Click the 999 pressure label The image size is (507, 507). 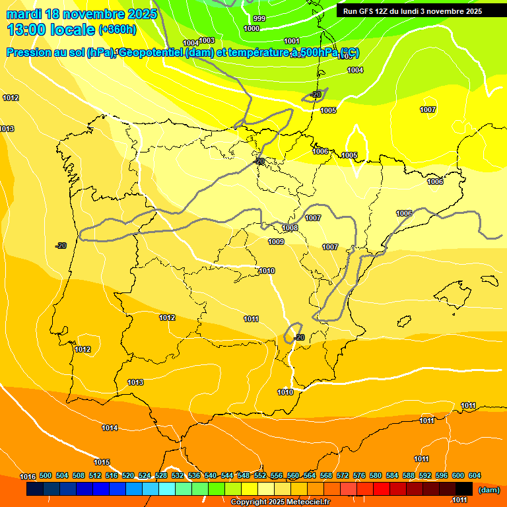pos(259,18)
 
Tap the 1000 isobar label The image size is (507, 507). pos(252,28)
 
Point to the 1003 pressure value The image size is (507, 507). pos(207,40)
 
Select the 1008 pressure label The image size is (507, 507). pos(290,228)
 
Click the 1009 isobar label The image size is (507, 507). pos(276,242)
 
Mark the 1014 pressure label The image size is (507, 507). pos(110,428)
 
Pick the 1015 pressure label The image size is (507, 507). pos(102,462)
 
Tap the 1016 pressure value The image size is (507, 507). pos(27,477)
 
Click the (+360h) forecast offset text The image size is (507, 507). pos(118,29)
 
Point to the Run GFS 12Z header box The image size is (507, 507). pos(412,11)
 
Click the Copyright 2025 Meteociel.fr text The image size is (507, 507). pos(280,502)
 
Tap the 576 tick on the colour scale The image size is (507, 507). pos(359,476)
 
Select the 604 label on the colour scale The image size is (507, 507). pos(474,476)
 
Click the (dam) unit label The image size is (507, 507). pos(489,490)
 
